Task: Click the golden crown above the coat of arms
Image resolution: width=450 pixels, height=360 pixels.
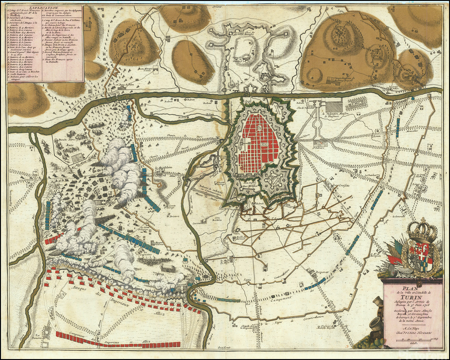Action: click(x=422, y=230)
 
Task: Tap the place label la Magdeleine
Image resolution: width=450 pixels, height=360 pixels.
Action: click(x=163, y=167)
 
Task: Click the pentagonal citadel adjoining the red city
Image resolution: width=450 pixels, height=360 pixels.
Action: click(x=272, y=179)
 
